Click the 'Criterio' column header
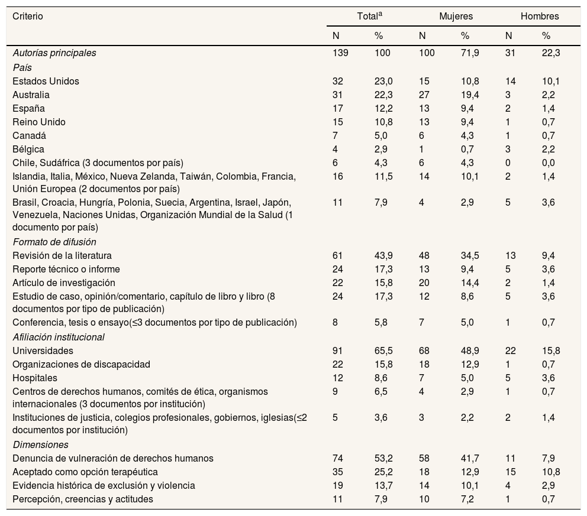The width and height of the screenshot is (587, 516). point(28,17)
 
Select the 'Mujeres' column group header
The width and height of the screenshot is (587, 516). point(456,17)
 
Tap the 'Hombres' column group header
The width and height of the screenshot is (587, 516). point(539,17)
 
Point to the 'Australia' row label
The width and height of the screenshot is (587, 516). point(31,95)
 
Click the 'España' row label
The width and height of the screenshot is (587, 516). point(28,108)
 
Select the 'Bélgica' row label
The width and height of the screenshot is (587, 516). point(28,149)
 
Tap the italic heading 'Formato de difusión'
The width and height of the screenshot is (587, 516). point(54,242)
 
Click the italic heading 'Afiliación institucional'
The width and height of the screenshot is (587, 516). point(59,337)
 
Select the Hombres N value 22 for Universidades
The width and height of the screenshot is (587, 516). point(510,351)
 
